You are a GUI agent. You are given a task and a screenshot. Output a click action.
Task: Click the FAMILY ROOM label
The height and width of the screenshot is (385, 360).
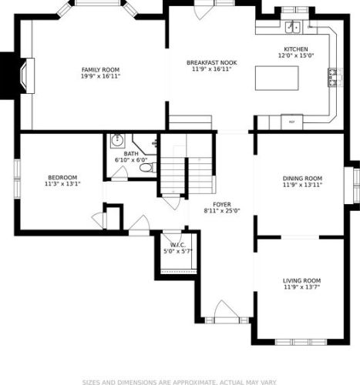coord(100,70)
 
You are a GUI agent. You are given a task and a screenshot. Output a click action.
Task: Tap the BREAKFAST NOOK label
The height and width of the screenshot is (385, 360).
coord(212,62)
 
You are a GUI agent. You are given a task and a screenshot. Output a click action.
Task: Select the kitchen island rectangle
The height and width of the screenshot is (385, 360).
coord(277,79)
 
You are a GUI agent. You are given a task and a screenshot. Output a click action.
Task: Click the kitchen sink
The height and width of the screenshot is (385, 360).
coord(293,27)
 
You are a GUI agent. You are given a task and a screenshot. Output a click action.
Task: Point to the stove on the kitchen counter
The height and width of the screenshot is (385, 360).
coord(332,77)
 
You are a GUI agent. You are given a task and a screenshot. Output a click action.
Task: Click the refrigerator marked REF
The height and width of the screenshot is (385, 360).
coord(292,122)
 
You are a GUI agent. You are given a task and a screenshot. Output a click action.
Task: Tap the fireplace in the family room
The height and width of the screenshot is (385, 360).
coord(28,75)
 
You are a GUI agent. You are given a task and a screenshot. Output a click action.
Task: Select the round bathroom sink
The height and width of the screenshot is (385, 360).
coord(117,140)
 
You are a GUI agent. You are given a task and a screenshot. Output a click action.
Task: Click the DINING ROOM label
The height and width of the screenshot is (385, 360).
coord(302,179)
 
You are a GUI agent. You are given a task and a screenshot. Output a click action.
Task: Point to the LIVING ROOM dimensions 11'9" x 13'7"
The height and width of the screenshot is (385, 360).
coord(301,287)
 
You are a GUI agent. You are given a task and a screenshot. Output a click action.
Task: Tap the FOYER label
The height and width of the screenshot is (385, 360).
coord(222,205)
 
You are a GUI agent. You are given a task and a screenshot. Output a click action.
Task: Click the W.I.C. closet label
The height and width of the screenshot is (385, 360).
coord(178,245)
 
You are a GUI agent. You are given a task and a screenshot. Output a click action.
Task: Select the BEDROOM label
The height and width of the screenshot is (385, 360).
coord(62,178)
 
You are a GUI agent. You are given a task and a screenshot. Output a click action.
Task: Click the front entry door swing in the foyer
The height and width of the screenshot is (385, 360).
coord(225,310)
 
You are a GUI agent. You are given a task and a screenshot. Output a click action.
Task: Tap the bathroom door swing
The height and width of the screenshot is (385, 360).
coord(119,172)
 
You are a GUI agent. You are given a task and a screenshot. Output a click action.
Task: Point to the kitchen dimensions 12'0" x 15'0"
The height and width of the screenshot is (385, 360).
coord(296,55)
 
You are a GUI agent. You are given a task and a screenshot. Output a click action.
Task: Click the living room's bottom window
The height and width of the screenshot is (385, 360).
coord(301,342)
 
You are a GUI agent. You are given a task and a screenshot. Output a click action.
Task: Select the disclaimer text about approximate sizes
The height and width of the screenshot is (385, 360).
coord(179,382)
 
